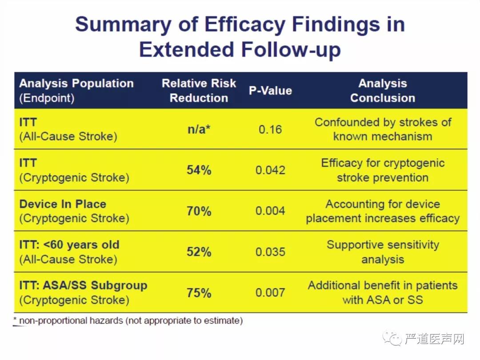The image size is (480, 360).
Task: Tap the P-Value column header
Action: [270, 91]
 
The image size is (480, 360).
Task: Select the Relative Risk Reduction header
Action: [199, 91]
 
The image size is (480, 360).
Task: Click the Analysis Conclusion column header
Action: [383, 91]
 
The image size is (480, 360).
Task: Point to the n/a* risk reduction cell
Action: [198, 129]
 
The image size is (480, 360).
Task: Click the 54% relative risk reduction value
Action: [199, 170]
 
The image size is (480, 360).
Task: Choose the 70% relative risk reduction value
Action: [199, 211]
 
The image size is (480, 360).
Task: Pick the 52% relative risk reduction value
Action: [199, 252]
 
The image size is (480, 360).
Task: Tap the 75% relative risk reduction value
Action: [199, 293]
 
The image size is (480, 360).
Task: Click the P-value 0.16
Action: [270, 129]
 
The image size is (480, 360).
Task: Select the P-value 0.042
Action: [270, 170]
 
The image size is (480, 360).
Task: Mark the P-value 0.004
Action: [270, 211]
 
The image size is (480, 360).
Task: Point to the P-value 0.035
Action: [270, 252]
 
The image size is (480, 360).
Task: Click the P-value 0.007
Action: [270, 293]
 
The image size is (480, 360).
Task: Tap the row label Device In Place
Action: [63, 204]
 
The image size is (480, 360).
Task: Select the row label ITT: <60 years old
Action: [69, 245]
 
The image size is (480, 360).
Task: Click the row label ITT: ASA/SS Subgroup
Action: [83, 285]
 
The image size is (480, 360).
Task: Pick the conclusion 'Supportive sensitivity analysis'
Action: [383, 252]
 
